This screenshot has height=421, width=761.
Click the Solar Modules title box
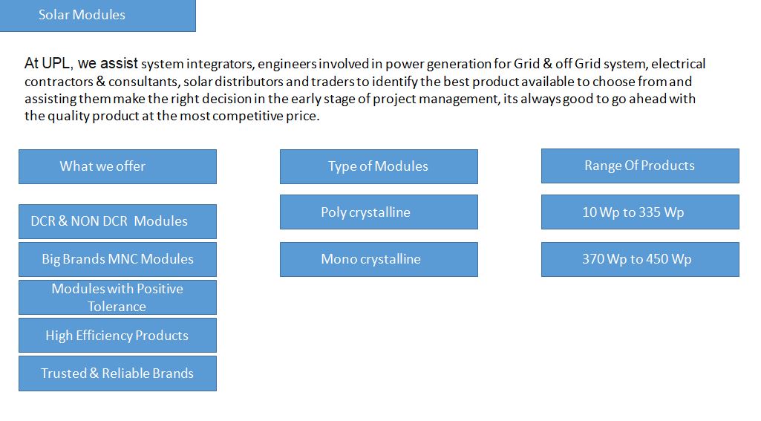click(x=97, y=16)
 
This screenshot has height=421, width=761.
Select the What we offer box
click(x=117, y=166)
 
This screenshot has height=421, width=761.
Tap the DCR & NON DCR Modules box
click(x=117, y=221)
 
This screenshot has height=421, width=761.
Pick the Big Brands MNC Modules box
click(x=117, y=259)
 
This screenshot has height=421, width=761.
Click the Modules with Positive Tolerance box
click(x=117, y=297)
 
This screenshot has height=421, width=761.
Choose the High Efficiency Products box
click(x=117, y=335)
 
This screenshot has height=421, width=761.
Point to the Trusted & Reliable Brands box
click(x=117, y=373)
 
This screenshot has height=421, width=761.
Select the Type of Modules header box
click(x=379, y=166)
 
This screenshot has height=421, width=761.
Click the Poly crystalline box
click(x=379, y=212)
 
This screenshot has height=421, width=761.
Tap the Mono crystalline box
click(x=379, y=259)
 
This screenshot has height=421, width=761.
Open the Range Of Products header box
click(x=640, y=166)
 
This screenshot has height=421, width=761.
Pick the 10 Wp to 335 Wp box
click(x=640, y=212)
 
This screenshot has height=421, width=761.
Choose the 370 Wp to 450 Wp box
click(x=640, y=259)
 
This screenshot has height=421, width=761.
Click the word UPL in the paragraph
click(x=56, y=64)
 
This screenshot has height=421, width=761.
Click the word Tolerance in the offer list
click(x=117, y=307)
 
